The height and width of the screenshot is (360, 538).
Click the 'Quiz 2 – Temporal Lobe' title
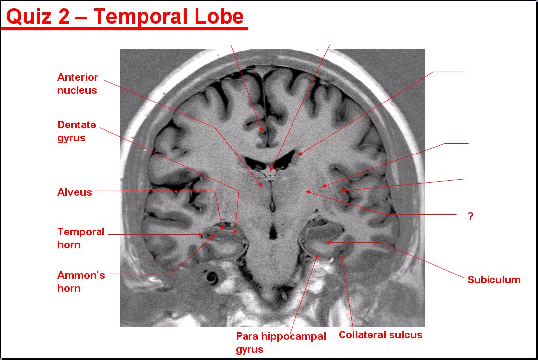pyautogui.click(x=125, y=16)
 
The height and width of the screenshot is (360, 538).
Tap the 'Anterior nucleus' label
pyautogui.click(x=78, y=84)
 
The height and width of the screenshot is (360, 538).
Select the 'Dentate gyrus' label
pyautogui.click(x=77, y=131)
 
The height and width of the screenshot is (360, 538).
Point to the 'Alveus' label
pyautogui.click(x=74, y=192)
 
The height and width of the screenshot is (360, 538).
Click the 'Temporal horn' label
pyautogui.click(x=81, y=238)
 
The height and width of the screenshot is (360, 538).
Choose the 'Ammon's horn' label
pyautogui.click(x=81, y=282)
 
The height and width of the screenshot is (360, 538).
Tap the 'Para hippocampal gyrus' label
pyautogui.click(x=281, y=343)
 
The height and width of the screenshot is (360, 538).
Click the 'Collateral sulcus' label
pyautogui.click(x=380, y=335)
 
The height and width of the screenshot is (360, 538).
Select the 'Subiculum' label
pyautogui.click(x=494, y=280)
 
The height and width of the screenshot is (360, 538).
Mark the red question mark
pyautogui.click(x=470, y=216)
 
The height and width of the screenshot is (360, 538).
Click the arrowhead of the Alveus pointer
pyautogui.click(x=222, y=227)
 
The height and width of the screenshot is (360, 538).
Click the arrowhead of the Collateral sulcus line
pyautogui.click(x=342, y=257)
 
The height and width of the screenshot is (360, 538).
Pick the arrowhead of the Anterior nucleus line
pyautogui.click(x=261, y=184)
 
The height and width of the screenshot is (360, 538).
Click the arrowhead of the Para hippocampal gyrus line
pyautogui.click(x=317, y=257)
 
